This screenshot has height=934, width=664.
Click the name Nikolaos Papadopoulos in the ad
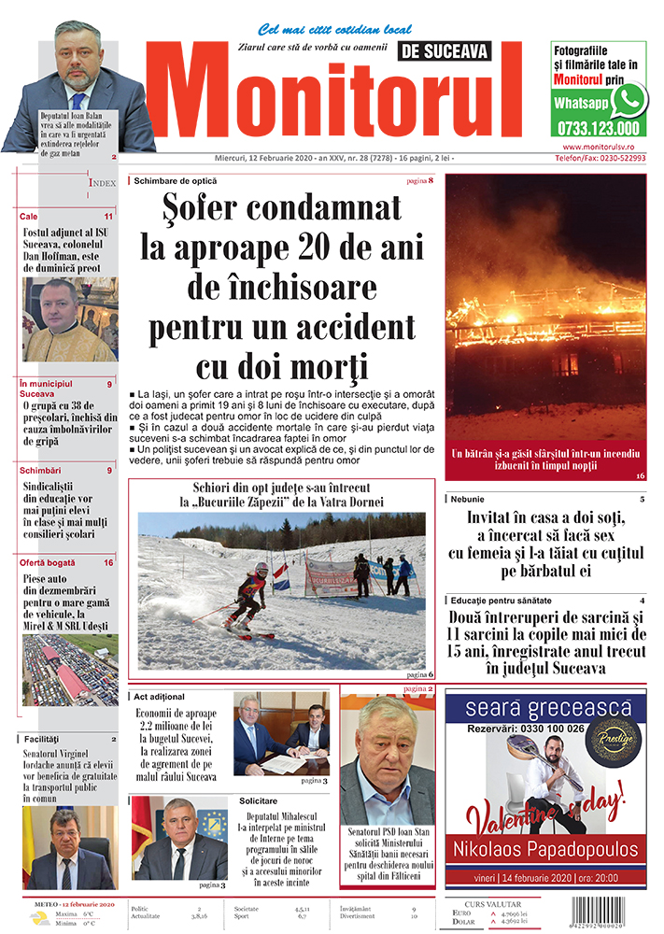click(544, 849)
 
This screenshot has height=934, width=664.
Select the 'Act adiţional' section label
click(160, 697)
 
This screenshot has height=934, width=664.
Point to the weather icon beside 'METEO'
click(39, 917)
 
